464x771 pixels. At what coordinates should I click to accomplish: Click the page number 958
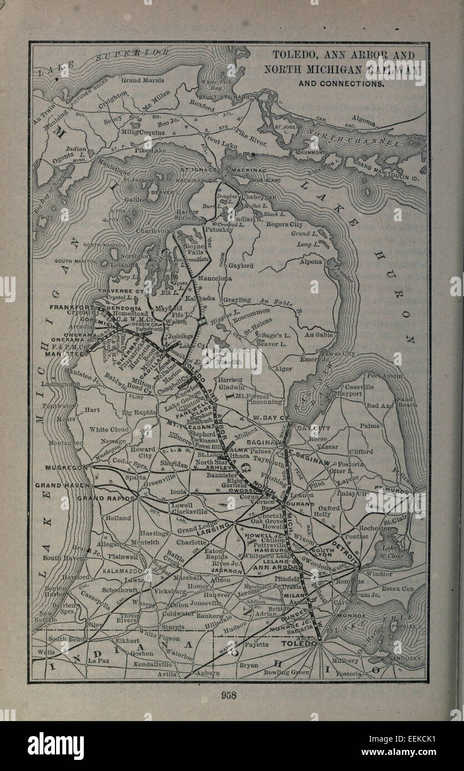pyautogui.click(x=229, y=695)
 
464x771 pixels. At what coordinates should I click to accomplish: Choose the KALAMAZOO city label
pyautogui.click(x=122, y=570)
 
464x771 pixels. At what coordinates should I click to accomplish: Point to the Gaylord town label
pyautogui.click(x=241, y=266)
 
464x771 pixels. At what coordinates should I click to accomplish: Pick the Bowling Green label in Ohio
pyautogui.click(x=286, y=672)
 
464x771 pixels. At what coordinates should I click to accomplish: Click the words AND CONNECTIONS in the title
pyautogui.click(x=341, y=84)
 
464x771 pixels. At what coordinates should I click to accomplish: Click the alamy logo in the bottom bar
pyautogui.click(x=56, y=746)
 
